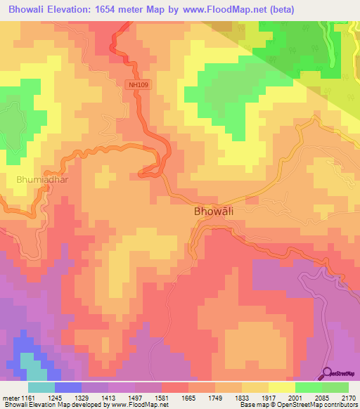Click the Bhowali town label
[214, 211]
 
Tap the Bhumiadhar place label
[41, 179]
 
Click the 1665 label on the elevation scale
[188, 397]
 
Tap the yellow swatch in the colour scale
[281, 387]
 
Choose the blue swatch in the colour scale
[67, 387]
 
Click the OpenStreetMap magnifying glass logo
[328, 372]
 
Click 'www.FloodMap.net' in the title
[217, 9]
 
